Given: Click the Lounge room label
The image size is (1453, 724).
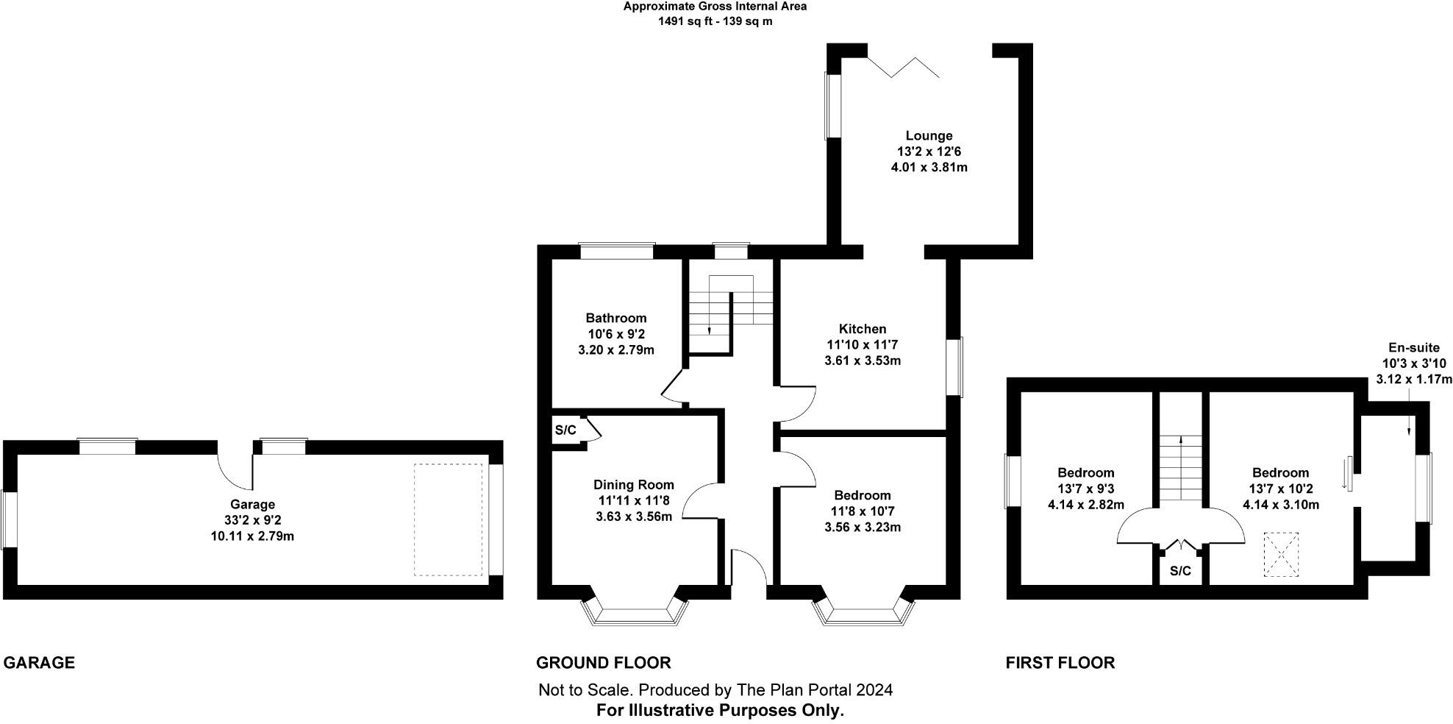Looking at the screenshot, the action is [x=929, y=135].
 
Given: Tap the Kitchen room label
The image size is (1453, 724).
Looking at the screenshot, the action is [x=863, y=329].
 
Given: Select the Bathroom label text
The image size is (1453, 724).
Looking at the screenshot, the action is [x=616, y=318].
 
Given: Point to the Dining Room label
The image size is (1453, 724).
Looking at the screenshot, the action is [x=634, y=484].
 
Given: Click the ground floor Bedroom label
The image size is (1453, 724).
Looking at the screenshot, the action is [x=863, y=495].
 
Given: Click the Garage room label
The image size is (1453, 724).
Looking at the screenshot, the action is [x=252, y=504].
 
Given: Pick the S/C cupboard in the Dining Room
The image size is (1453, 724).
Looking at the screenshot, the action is [x=566, y=430].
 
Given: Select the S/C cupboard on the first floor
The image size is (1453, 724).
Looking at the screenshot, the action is [x=1180, y=571].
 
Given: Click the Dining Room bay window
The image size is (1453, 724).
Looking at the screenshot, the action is [x=635, y=613].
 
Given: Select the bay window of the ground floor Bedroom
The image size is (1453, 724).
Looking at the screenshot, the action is [x=865, y=613].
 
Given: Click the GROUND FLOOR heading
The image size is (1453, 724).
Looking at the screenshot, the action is [x=603, y=663].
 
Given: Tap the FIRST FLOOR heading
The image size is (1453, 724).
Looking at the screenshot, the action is [x=1060, y=663].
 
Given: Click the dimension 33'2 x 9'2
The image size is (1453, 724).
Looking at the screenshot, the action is [x=252, y=520].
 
